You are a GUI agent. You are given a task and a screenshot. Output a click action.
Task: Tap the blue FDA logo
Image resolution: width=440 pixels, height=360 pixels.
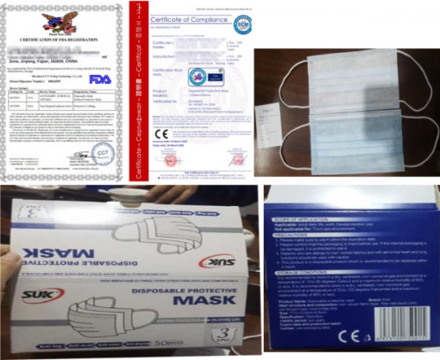pyautogui.click(x=100, y=79)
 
